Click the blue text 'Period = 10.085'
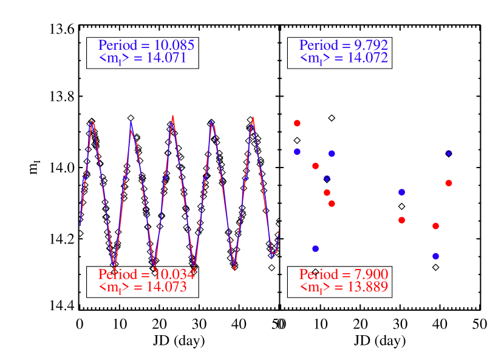[146, 45]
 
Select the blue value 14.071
[166, 58]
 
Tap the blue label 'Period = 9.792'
[344, 45]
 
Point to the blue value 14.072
[368, 58]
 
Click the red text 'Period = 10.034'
[146, 274]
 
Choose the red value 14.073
[166, 287]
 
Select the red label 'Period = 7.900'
[344, 274]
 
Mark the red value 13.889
[368, 287]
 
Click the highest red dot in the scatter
[297, 123]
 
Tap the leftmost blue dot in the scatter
[297, 152]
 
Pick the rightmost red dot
[449, 183]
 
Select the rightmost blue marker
[449, 153]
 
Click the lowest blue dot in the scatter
[435, 256]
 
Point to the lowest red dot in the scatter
[435, 226]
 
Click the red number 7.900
[371, 274]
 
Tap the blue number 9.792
[371, 45]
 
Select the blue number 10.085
[174, 45]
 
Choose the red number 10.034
[175, 274]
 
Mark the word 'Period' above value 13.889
[317, 274]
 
